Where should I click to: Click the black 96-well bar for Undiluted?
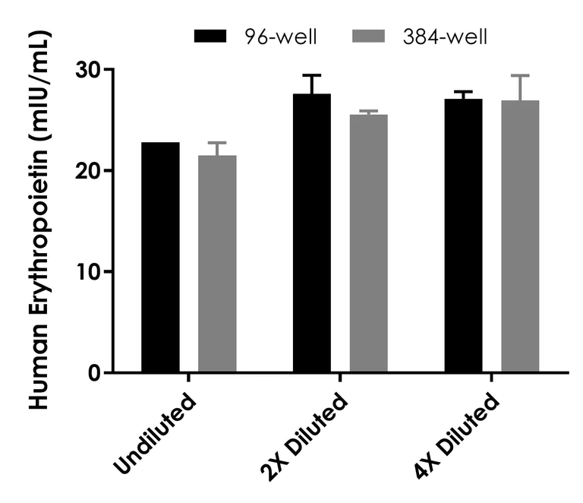(160, 258)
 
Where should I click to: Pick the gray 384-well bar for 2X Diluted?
(368, 243)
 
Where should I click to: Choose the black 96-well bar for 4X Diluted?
(463, 236)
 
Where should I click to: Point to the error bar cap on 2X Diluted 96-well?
(312, 75)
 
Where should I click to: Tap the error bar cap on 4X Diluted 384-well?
(520, 75)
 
